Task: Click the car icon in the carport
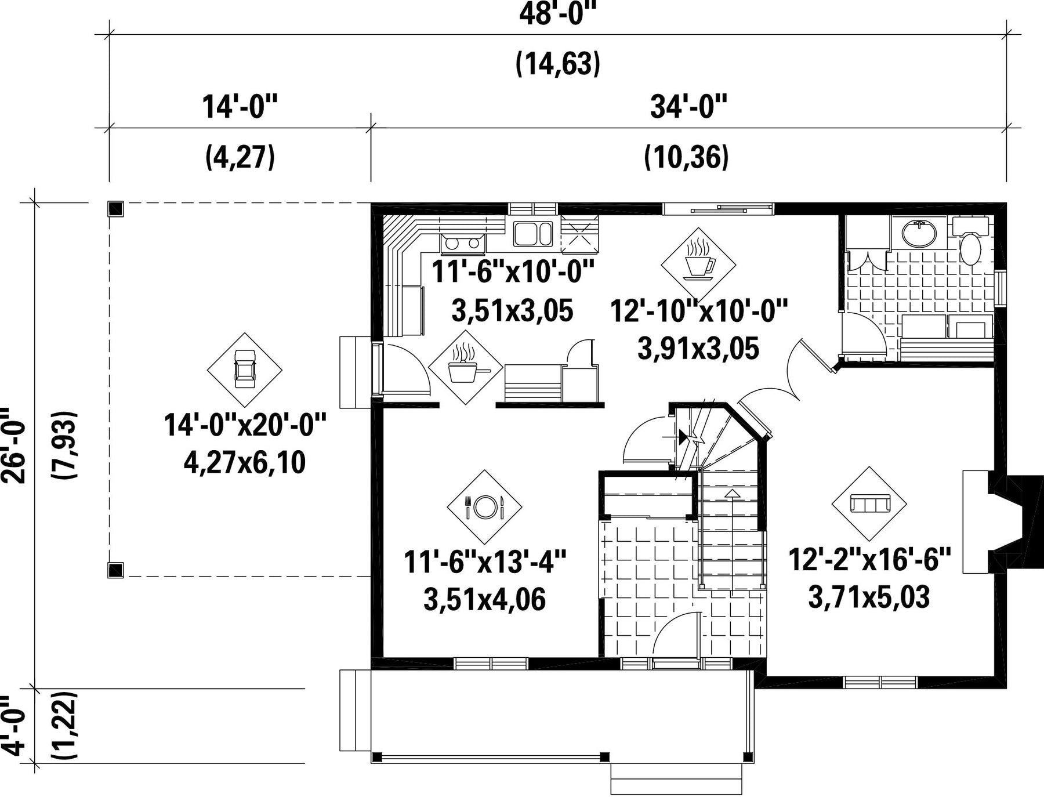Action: (x=245, y=369)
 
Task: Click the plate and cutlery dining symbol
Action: (x=485, y=507)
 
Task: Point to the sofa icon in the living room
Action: (x=869, y=503)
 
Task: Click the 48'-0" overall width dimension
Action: (x=557, y=15)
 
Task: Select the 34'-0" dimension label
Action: (x=688, y=107)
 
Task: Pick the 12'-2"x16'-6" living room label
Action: (x=869, y=559)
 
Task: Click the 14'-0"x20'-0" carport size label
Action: (x=245, y=425)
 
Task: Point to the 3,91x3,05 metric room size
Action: (x=698, y=349)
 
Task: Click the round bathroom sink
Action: (x=919, y=234)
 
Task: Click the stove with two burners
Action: (x=462, y=244)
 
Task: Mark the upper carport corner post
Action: (x=116, y=209)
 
